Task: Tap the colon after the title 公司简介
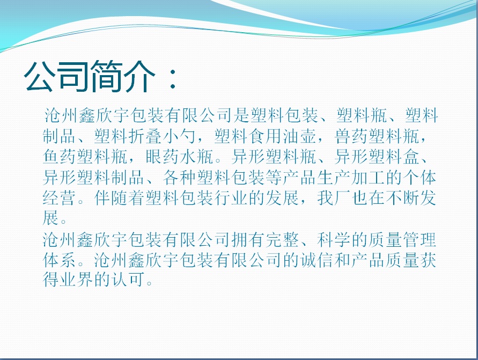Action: click(x=173, y=78)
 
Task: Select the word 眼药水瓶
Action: click(x=179, y=157)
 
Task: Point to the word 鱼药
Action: click(x=60, y=157)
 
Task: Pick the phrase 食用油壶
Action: click(x=282, y=136)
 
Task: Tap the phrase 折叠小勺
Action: click(x=162, y=136)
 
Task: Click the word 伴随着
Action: click(x=119, y=198)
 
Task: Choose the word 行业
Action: click(x=231, y=198)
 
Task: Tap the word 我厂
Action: click(x=334, y=198)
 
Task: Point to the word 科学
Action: click(x=334, y=240)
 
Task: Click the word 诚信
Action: click(x=317, y=260)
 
